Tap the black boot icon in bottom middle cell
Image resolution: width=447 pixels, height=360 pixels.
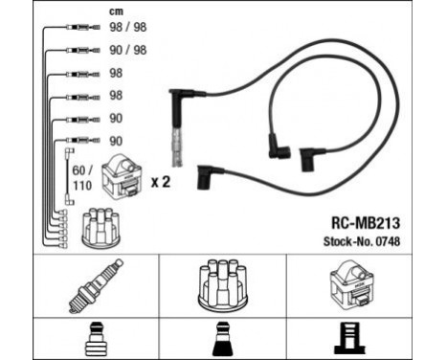(x=223, y=338)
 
